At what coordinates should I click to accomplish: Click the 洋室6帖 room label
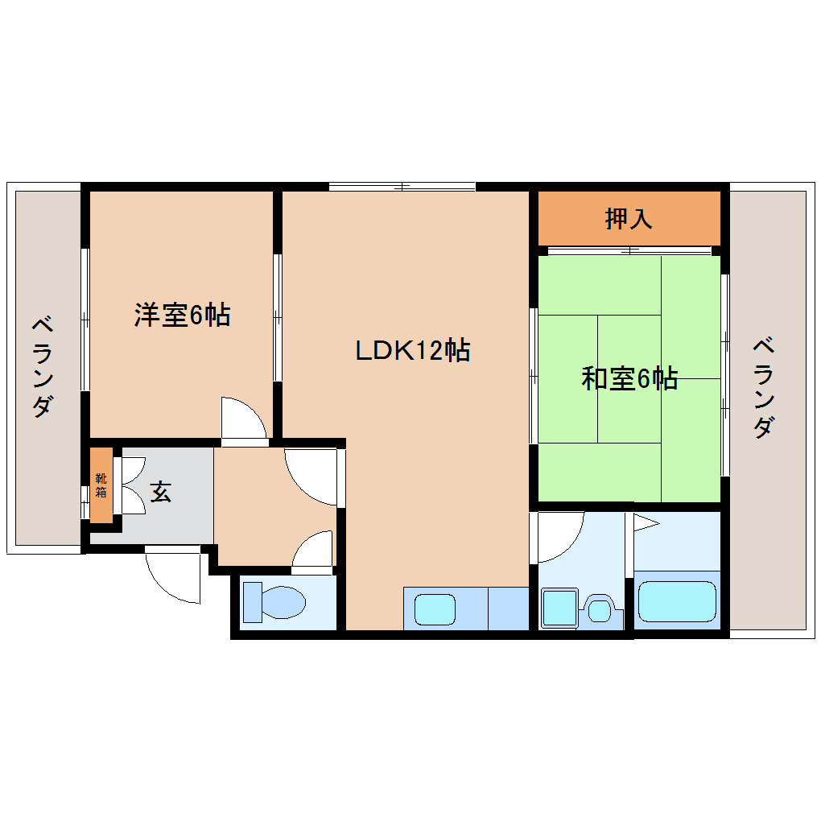coord(182,315)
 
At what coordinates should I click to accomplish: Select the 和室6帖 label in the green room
coord(629,377)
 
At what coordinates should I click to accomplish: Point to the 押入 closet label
coord(629,218)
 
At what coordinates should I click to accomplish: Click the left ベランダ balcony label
coord(43,368)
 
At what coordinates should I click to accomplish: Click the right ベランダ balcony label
coord(765,388)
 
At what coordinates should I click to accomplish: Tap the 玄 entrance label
coord(161,492)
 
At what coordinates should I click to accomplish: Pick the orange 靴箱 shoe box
coord(101,485)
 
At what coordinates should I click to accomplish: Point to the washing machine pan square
coord(559,608)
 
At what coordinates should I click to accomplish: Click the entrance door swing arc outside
coord(172,579)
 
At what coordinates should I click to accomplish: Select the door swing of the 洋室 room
coord(245,419)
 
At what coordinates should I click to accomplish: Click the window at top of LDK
coord(402,188)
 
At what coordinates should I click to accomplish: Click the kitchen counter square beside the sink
coord(508,609)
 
